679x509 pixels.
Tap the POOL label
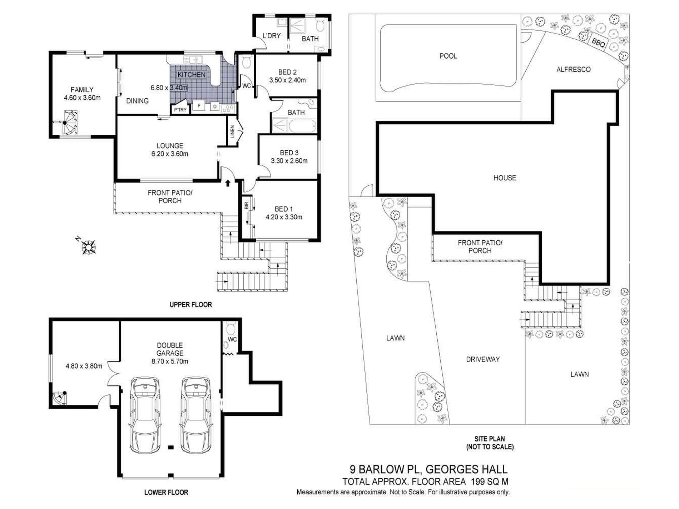[x=448, y=56]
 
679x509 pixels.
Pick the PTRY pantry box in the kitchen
[x=180, y=110]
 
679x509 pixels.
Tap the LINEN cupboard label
[x=232, y=131]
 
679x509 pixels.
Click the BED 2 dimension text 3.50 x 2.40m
[x=287, y=80]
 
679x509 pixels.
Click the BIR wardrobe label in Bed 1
[x=246, y=205]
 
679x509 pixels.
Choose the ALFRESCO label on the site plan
[x=573, y=70]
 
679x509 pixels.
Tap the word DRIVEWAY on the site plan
[x=483, y=359]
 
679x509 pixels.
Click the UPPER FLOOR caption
[x=190, y=305]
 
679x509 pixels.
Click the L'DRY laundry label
[x=272, y=36]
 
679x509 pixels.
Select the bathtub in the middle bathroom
[x=303, y=126]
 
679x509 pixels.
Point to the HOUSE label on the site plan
[x=505, y=178]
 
